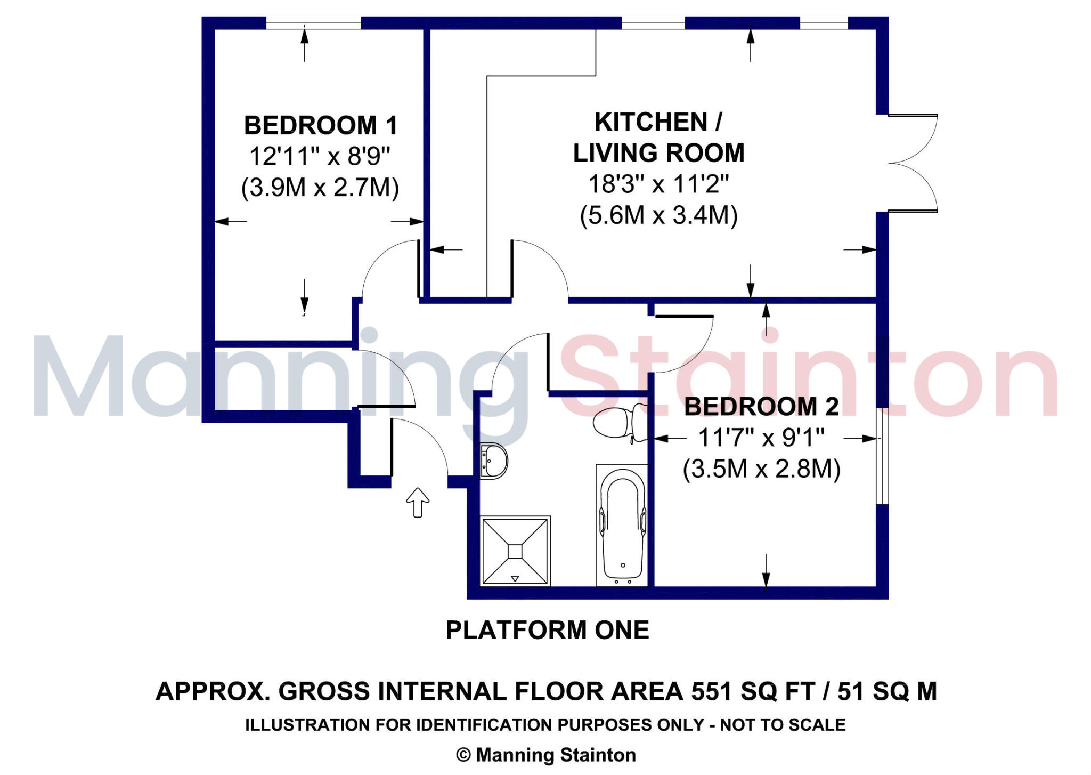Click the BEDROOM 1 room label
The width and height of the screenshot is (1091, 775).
point(321,126)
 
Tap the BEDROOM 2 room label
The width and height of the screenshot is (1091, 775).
point(761,407)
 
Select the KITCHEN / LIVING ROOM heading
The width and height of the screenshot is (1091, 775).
point(658,138)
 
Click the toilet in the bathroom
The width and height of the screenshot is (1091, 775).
point(619,422)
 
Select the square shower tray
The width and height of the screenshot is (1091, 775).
point(515,551)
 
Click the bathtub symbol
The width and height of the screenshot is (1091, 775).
point(622,525)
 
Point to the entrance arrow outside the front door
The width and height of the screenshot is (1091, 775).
point(418,502)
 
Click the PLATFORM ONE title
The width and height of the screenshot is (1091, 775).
point(547,630)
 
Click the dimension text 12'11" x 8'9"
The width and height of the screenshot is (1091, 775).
point(320,157)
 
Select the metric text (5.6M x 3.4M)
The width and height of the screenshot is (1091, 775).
point(658,215)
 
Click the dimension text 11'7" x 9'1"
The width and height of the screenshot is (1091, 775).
point(761,438)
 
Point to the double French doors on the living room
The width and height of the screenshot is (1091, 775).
point(911,163)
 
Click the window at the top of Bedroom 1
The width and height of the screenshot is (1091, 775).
point(313,23)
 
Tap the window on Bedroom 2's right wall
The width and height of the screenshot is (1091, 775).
point(882,456)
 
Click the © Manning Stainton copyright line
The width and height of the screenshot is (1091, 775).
point(546,755)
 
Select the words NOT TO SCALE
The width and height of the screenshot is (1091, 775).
point(783,725)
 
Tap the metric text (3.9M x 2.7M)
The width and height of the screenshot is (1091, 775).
point(320,188)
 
